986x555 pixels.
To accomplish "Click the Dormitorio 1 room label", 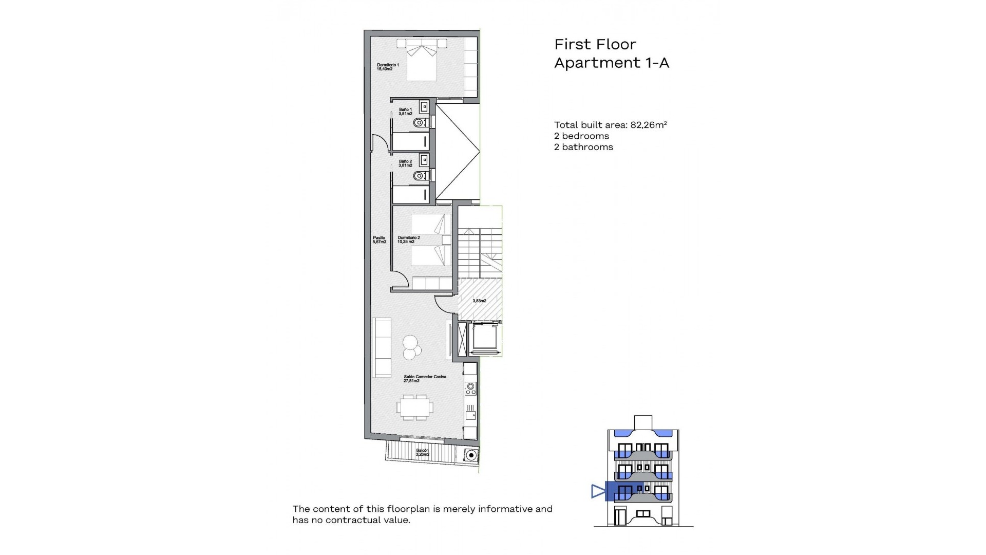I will point(388,67).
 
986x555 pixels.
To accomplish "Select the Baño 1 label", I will point(405,112).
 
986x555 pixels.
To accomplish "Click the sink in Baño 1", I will point(424,107).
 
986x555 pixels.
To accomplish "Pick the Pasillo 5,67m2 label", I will point(379,239).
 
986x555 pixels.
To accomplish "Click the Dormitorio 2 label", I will point(409,239).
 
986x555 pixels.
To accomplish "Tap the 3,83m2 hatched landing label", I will point(479,301).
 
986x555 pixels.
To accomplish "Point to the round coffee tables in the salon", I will point(411,347).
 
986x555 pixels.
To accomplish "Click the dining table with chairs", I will point(414,407).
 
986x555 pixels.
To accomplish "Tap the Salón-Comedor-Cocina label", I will point(425,379).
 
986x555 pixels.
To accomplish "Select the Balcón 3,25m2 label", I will point(422,452).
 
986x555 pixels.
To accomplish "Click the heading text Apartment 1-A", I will point(611,63).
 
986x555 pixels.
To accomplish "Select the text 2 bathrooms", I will point(583,147).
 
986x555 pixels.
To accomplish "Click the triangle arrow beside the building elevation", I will point(598,491).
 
